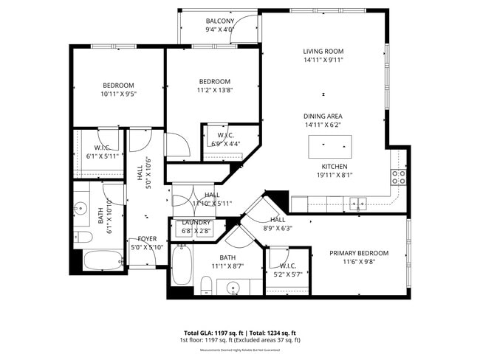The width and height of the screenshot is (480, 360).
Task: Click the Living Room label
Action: tap(323, 52)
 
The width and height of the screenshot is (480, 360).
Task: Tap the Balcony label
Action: tap(220, 21)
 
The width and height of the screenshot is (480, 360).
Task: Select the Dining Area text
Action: tap(323, 117)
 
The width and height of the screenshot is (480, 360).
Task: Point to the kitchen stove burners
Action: tap(398, 177)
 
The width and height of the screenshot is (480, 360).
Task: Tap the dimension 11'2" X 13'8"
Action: tap(214, 91)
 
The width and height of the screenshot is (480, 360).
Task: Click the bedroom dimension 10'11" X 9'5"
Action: tap(119, 94)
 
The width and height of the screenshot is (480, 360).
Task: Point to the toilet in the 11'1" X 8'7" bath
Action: tap(207, 285)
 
